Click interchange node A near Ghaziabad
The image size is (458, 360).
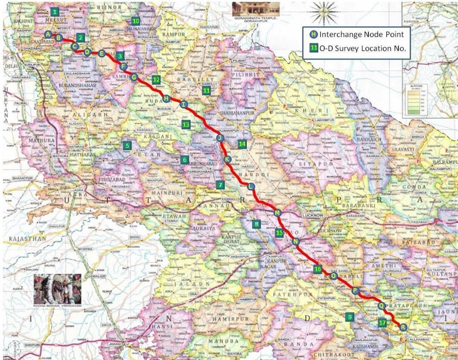click(x=48, y=34)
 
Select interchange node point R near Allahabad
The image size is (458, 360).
click(x=403, y=327)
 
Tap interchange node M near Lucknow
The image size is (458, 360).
click(x=277, y=213)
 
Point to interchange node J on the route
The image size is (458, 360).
click(x=220, y=138)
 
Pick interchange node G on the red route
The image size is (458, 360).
click(x=134, y=78)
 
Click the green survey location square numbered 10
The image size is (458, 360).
click(x=135, y=21)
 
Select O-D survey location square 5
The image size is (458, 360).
click(x=127, y=145)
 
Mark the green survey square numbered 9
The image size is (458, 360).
click(x=349, y=317)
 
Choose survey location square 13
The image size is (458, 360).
click(x=186, y=124)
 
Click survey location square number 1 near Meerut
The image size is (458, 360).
click(x=55, y=11)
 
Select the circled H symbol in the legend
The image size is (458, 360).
click(x=313, y=35)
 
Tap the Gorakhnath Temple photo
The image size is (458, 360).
click(x=255, y=9)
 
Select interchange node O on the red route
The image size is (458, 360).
click(x=334, y=276)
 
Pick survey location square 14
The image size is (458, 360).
click(x=242, y=144)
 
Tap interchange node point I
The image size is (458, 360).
click(x=184, y=104)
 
